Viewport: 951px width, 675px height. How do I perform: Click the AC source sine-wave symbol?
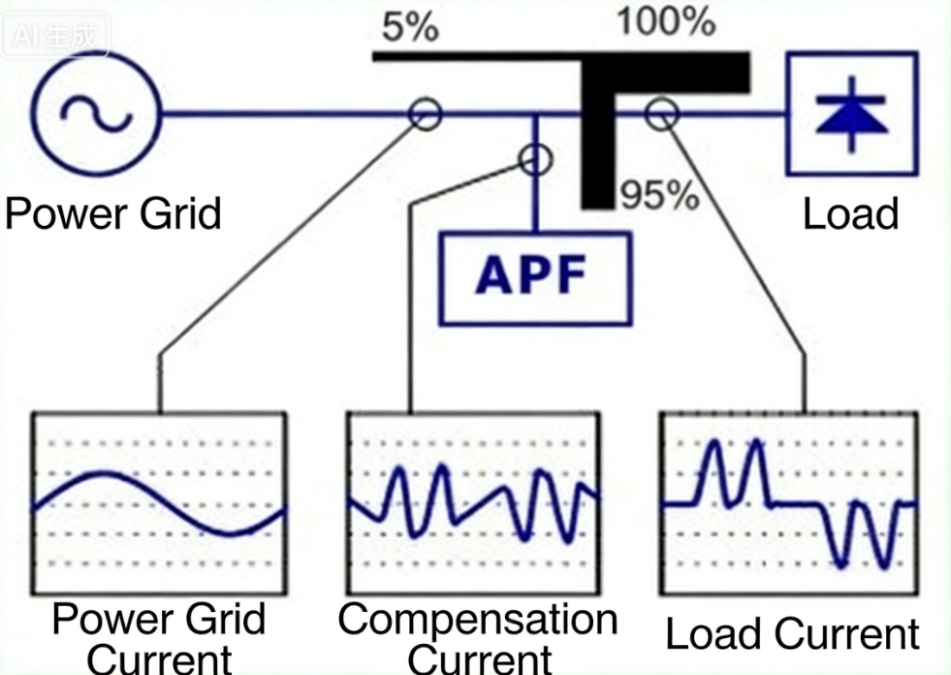(95, 113)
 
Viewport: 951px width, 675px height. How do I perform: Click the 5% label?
(409, 27)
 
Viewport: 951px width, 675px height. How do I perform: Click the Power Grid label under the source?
(112, 212)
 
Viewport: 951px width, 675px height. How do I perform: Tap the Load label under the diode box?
(850, 213)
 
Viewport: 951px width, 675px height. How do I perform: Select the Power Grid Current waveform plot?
(159, 503)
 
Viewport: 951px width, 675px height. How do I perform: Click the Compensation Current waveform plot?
(474, 503)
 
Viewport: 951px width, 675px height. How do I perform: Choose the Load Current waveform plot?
(787, 503)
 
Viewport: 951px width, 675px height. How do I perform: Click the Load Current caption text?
(791, 634)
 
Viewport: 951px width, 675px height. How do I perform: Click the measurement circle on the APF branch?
(535, 158)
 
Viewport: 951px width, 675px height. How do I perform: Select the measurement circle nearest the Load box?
(661, 113)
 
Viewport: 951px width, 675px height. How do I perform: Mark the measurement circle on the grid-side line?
(426, 113)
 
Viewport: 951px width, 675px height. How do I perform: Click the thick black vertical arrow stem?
(598, 145)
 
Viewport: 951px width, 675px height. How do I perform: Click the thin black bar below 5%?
(475, 57)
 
